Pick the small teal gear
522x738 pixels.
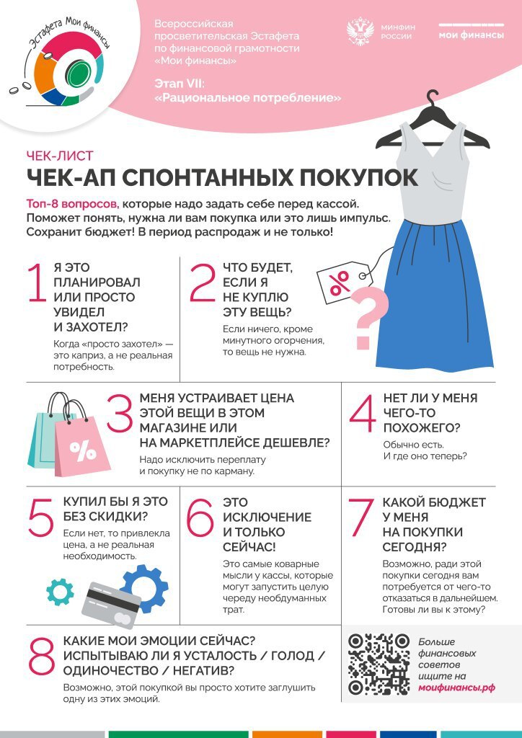pyautogui.click(x=60, y=591)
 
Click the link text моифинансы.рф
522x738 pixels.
pyautogui.click(x=456, y=688)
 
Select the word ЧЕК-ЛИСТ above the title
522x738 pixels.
pyautogui.click(x=59, y=156)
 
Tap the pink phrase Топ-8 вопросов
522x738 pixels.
pyautogui.click(x=72, y=204)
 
